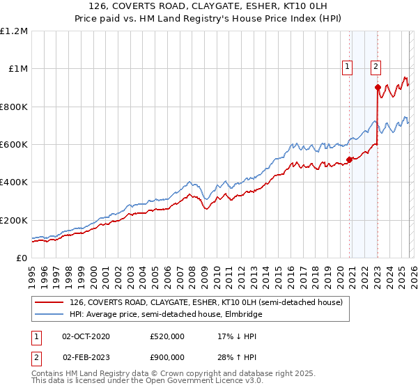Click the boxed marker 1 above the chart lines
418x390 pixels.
347,67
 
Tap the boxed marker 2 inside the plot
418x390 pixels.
376,67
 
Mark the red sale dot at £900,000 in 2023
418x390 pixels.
378,88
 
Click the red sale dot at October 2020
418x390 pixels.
349,159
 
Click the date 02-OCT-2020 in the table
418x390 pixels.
86,336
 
